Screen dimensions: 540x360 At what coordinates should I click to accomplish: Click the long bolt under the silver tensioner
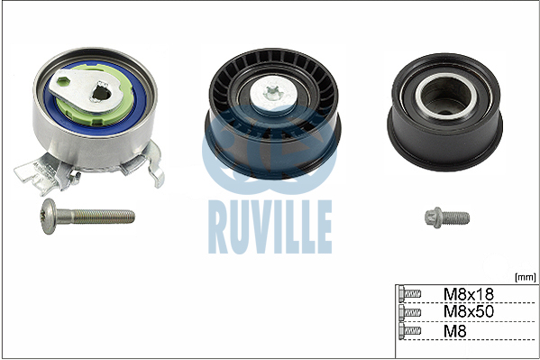pyautogui.click(x=87, y=217)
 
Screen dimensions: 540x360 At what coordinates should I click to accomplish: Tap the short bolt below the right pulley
pyautogui.click(x=447, y=217)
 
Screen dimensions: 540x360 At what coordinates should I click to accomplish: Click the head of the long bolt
pyautogui.click(x=49, y=217)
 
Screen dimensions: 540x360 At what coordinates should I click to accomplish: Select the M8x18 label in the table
pyautogui.click(x=469, y=294)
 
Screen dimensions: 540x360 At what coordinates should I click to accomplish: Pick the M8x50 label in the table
pyautogui.click(x=469, y=311)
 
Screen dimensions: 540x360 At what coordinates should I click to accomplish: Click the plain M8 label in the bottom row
pyautogui.click(x=454, y=331)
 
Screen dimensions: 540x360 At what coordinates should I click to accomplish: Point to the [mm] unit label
pyautogui.click(x=526, y=277)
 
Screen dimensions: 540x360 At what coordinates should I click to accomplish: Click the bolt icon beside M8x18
pyautogui.click(x=409, y=294)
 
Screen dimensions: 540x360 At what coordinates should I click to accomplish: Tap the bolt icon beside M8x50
pyautogui.click(x=409, y=312)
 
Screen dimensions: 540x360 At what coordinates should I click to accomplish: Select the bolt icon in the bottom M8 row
pyautogui.click(x=409, y=331)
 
